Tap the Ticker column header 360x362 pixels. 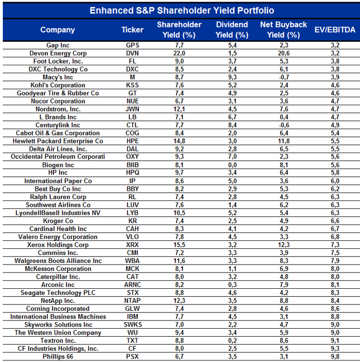[132, 30]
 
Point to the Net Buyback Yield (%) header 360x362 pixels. [284, 30]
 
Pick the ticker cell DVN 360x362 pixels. [132, 53]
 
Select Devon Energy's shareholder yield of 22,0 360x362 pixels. [179, 53]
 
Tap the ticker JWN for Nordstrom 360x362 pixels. [132, 109]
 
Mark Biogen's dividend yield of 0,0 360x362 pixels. [232, 165]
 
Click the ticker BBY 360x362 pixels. [132, 189]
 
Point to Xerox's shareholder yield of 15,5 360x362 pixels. [179, 245]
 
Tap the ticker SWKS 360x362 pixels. [132, 325]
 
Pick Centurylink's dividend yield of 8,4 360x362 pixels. [232, 125]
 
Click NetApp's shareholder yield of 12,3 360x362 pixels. [179, 301]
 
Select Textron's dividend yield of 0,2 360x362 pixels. [232, 341]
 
